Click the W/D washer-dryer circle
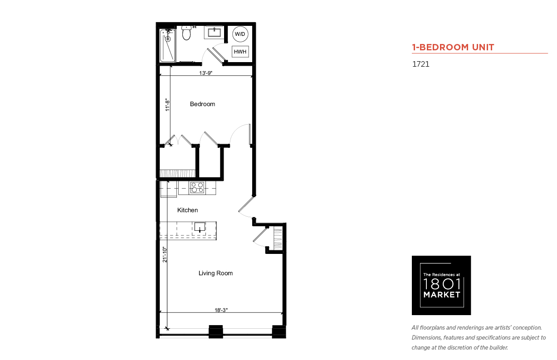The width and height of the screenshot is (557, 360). click(240, 34)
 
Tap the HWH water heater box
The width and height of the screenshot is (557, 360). click(240, 52)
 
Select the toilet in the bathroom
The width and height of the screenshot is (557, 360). click(186, 33)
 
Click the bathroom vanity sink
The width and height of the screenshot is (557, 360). click(214, 32)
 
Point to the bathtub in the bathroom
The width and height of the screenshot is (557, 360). click(167, 46)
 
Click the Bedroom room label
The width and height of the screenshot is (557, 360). click(202, 104)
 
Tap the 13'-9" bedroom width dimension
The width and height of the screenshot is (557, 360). click(205, 73)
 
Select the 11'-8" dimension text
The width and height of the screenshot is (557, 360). click(167, 105)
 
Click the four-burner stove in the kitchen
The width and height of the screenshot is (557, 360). click(197, 187)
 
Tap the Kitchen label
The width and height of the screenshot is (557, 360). click(187, 210)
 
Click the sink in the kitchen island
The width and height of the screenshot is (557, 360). click(200, 227)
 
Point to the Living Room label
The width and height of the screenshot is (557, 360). click(215, 273)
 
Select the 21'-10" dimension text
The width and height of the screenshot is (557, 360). click(165, 254)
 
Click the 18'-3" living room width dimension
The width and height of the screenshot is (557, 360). click(221, 310)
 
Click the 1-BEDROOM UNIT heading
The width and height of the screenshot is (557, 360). click(453, 47)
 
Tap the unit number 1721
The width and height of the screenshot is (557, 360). click(421, 64)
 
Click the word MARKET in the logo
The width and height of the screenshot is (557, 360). click(442, 295)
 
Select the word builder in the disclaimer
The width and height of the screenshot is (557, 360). click(498, 347)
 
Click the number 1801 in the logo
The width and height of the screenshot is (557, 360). click(442, 284)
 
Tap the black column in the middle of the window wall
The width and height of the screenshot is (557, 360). click(215, 331)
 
